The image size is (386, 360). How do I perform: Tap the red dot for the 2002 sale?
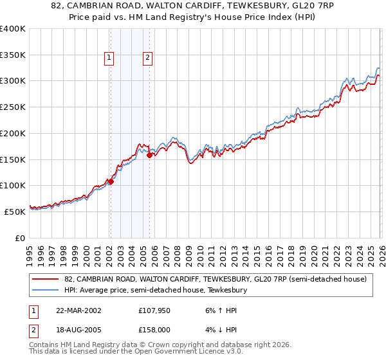pos(111,181)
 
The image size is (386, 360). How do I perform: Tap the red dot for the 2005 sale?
pos(149,155)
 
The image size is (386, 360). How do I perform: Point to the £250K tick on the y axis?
pos(13,107)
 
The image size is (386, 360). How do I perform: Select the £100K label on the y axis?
pos(13,186)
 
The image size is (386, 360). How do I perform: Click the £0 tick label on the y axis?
pos(19,238)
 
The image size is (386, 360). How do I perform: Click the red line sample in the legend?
pos(46,280)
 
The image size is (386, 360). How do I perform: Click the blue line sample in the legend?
pos(46,291)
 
